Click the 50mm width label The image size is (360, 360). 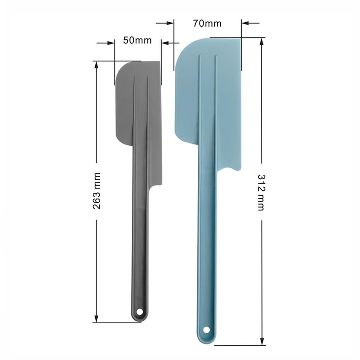pyautogui.click(x=137, y=40)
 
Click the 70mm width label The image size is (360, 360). pyautogui.click(x=207, y=23)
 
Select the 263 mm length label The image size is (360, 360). pyautogui.click(x=96, y=191)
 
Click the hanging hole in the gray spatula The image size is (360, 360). pyautogui.click(x=140, y=311)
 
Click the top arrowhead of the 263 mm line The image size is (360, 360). pyautogui.click(x=96, y=65)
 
